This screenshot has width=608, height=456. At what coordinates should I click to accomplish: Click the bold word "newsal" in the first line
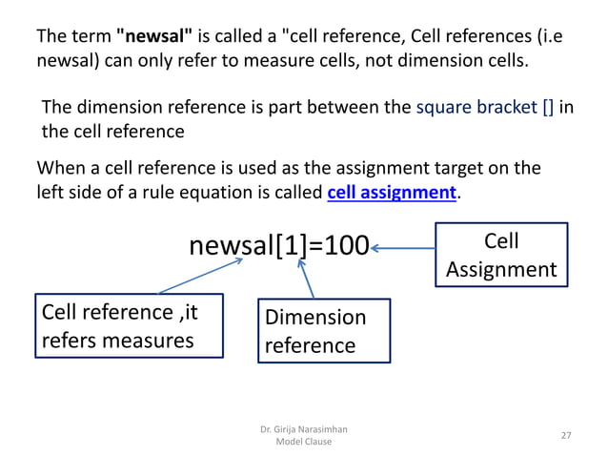click(x=154, y=38)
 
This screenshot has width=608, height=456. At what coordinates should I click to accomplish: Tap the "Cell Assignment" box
click(x=501, y=254)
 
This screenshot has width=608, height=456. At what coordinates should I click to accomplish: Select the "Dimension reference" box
click(x=324, y=330)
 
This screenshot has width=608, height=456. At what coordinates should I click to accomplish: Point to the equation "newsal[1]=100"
click(x=279, y=247)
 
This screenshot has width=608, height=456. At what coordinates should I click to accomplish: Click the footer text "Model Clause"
click(x=303, y=442)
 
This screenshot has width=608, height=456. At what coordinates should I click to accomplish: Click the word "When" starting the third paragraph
click(x=62, y=170)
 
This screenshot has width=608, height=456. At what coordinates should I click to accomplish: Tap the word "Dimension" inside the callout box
click(x=315, y=318)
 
